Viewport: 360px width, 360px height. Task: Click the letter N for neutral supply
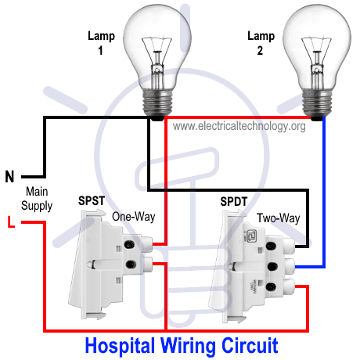9,177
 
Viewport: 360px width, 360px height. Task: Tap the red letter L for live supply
11,221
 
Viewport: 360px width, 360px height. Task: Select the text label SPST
92,200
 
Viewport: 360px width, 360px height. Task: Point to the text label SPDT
233,201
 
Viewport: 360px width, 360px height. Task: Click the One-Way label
134,217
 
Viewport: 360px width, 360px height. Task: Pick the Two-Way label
279,218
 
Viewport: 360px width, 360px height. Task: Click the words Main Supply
37,199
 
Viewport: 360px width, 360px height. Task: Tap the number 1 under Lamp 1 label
101,51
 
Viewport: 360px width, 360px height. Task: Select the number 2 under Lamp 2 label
260,51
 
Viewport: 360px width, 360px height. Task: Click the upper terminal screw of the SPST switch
130,244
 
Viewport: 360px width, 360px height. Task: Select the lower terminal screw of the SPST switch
131,265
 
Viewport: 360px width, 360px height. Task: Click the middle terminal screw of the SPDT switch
272,266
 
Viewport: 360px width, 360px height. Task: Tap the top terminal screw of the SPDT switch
271,246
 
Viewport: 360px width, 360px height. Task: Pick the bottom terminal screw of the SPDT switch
271,286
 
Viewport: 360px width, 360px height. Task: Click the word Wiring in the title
188,345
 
